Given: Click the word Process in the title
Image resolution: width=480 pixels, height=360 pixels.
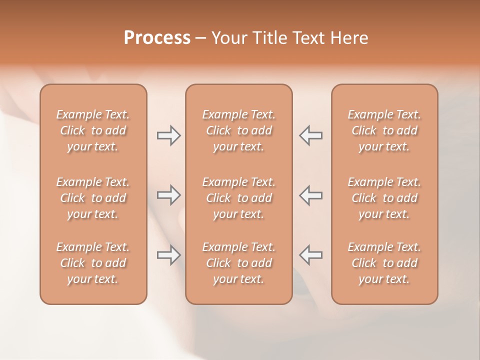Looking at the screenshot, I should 157,38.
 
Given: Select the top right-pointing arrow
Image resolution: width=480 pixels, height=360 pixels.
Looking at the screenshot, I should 168,135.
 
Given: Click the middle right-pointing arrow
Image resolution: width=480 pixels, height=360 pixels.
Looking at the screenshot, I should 168,195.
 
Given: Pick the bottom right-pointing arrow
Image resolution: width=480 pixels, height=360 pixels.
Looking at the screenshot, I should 168,255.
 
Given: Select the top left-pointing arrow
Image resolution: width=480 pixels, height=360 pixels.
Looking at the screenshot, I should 311,135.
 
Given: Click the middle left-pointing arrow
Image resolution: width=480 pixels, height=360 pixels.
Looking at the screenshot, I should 311,195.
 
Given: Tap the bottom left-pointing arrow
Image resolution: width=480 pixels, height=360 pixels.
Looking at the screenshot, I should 311,255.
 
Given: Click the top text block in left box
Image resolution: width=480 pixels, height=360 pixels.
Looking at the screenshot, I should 93,130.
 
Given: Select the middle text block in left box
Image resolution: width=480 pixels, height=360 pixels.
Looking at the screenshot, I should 93,198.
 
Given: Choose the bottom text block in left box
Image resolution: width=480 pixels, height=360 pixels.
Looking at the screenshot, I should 93,263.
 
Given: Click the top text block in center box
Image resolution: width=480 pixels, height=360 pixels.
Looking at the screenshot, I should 238,130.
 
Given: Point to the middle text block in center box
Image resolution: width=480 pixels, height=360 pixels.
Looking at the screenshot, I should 238,198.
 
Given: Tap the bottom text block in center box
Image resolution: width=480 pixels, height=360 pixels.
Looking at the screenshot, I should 238,263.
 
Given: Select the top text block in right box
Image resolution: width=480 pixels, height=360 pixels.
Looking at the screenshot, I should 384,130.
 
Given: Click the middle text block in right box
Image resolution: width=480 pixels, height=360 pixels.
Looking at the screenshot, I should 384,198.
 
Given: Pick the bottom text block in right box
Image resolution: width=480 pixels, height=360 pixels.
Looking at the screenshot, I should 384,263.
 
